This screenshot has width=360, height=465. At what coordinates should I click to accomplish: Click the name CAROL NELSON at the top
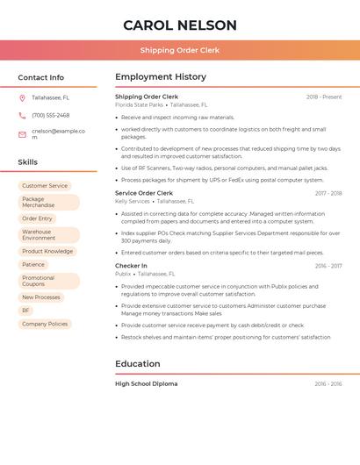coord(180,25)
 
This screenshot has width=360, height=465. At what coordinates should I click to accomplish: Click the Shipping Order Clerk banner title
coord(180,50)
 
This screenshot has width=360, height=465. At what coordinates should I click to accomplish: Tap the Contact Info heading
coord(41,77)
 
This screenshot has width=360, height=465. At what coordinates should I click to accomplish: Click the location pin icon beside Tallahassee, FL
coord(22,97)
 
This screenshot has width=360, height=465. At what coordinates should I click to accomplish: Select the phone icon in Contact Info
coord(22,115)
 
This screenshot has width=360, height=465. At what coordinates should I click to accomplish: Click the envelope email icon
coord(22,134)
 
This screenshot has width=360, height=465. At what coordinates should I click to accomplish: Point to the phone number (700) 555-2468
coord(51,115)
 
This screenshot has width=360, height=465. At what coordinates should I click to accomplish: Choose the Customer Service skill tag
coord(45,186)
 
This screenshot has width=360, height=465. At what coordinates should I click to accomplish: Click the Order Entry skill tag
coord(38,218)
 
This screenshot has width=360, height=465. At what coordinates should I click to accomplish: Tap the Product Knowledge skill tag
coord(47,251)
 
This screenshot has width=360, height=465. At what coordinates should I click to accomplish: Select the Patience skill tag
coord(33,264)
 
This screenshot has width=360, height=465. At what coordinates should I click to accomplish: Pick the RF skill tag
coord(26,311)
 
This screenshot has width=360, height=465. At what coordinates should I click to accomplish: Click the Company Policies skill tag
coord(45,324)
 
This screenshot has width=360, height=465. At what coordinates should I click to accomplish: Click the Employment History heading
coord(161,77)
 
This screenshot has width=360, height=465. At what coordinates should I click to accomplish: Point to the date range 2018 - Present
coord(323,97)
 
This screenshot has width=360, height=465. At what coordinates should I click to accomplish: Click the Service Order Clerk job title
coord(144,193)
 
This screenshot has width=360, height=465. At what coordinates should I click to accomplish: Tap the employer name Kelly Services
coord(133,201)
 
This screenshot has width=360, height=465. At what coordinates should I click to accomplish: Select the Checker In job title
coord(131,265)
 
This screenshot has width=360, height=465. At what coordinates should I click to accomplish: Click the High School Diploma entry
coord(147,383)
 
